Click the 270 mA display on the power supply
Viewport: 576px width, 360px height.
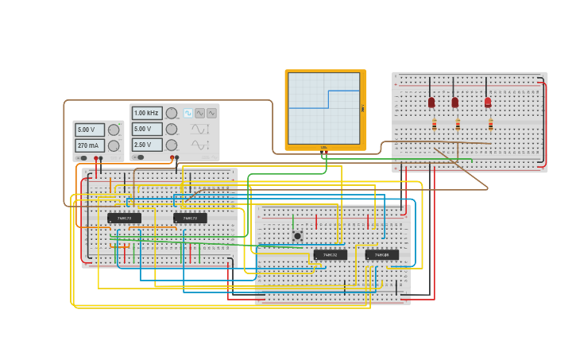pos(89,145)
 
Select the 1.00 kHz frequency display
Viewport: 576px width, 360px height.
pos(146,114)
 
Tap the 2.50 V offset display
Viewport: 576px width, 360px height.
pos(146,145)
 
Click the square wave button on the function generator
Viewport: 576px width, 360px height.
pos(188,114)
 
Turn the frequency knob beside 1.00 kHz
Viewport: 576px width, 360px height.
pos(172,114)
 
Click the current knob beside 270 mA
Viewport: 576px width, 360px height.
pos(114,145)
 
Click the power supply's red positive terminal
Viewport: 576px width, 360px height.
pos(96,158)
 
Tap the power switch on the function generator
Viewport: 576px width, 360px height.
pos(139,157)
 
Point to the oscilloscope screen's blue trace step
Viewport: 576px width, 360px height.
pos(328,99)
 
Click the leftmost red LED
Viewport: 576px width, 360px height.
pos(431,103)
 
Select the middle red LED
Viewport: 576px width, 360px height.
pos(454,103)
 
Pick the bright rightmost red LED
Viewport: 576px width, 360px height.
pos(488,103)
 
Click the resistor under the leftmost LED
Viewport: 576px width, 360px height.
pos(434,125)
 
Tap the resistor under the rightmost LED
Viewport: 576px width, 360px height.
pos(490,125)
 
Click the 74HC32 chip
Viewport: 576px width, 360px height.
pos(330,255)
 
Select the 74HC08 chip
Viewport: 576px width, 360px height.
pos(382,255)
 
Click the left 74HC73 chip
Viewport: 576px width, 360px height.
pos(124,218)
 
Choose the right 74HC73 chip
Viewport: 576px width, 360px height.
pos(190,218)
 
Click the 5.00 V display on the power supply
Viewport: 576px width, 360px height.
pos(89,130)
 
